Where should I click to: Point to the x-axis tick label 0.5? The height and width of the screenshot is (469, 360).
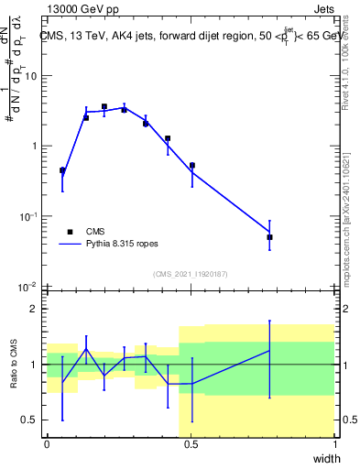(x=191, y=443)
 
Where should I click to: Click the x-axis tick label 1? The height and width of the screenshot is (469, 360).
(x=335, y=443)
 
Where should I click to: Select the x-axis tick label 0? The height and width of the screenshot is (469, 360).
(x=47, y=443)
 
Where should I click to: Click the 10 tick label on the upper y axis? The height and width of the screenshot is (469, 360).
(x=30, y=76)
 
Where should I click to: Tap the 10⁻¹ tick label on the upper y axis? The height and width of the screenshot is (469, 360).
(x=28, y=216)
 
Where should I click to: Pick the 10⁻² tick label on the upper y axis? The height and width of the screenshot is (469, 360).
(x=28, y=287)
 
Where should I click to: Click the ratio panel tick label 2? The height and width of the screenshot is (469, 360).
(x=36, y=309)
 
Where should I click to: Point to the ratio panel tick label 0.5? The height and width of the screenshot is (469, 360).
(x=31, y=420)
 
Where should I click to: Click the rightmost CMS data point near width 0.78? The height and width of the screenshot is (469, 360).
(x=269, y=237)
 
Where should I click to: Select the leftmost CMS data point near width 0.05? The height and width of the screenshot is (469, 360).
(x=62, y=170)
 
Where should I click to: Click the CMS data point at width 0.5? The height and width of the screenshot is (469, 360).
(x=191, y=166)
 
